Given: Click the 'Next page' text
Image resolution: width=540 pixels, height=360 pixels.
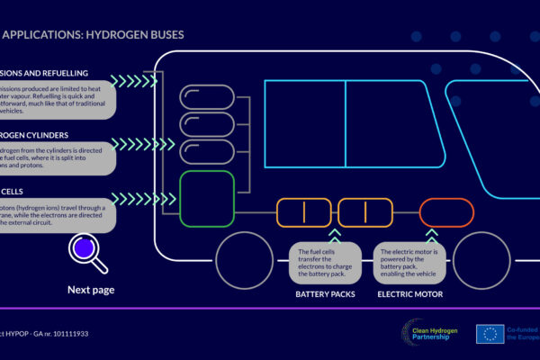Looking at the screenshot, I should [91, 290].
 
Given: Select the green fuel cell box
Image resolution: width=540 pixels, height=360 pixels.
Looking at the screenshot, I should [206, 199].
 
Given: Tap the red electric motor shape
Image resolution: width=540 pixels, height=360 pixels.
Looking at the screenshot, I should [446, 213].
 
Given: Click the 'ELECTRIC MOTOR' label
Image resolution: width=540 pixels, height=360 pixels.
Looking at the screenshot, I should [409, 293].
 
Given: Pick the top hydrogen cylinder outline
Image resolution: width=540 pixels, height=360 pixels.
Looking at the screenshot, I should [206, 97].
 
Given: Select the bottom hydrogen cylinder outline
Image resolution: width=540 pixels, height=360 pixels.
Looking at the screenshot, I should [206, 153].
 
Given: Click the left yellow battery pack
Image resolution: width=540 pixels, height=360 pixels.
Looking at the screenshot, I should [303, 213].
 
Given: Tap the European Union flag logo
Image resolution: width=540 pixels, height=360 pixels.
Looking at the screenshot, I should [491, 334].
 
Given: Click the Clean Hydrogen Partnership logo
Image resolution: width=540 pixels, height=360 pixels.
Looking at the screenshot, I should [431, 333].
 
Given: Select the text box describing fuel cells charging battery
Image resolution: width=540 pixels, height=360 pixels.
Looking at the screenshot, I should [324, 262].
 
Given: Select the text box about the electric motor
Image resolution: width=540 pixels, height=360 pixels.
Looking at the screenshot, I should [409, 262].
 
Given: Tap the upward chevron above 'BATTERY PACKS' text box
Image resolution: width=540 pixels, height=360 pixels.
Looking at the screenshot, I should [335, 235].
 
